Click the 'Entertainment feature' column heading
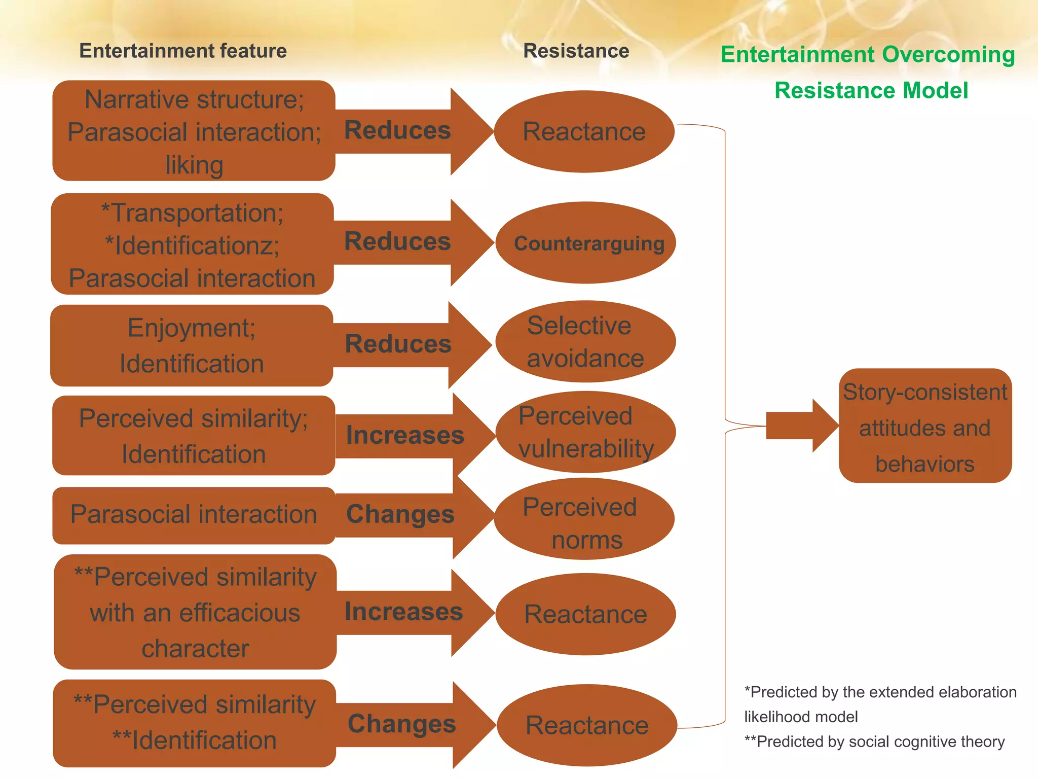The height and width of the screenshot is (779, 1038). (183, 51)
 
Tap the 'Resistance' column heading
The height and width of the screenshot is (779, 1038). (576, 51)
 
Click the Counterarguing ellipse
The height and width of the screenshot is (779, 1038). (585, 243)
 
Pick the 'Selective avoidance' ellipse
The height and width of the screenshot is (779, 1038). (585, 341)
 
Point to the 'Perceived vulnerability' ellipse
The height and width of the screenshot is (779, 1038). (585, 432)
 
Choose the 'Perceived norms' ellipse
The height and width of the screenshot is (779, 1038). (584, 519)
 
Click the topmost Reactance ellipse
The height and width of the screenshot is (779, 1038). (584, 131)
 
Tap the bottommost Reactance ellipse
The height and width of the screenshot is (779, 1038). (587, 725)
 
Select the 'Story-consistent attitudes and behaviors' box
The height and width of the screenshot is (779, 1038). (925, 426)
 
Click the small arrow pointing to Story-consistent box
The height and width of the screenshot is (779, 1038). (801, 426)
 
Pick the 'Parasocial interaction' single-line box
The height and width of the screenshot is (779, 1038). (194, 515)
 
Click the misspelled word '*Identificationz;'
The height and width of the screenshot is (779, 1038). (192, 245)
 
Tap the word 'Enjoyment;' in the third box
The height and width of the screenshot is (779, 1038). (192, 328)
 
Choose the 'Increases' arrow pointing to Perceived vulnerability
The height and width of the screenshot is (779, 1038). (405, 435)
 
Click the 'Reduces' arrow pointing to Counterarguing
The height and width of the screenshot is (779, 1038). (398, 242)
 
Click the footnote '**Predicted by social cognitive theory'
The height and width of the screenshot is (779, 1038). (874, 741)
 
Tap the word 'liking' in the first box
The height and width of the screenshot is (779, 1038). (194, 165)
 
